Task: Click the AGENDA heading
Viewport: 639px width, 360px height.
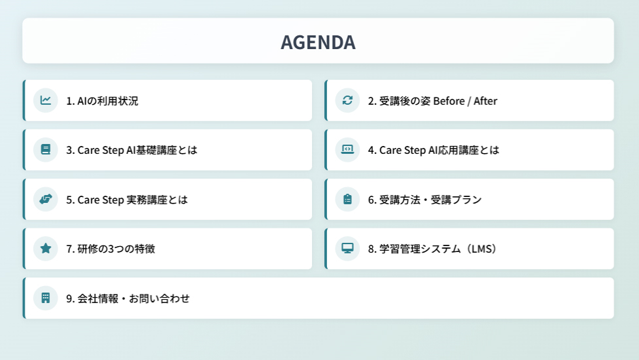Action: point(318,43)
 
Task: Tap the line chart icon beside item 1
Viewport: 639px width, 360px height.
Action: point(46,100)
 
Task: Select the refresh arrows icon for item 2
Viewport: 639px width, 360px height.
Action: point(347,100)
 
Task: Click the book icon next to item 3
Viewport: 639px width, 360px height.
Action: point(46,150)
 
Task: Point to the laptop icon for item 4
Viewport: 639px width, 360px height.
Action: point(347,150)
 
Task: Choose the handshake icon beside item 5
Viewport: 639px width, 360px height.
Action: point(46,200)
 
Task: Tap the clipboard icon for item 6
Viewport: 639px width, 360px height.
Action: point(347,200)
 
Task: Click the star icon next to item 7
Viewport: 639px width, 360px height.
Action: point(46,248)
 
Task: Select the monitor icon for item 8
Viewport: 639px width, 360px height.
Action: point(347,248)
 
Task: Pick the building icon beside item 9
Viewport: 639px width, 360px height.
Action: point(46,298)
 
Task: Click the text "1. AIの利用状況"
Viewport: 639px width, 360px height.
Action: point(102,101)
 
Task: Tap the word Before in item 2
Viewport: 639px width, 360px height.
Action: point(449,101)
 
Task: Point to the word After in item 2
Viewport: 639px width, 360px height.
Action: point(485,101)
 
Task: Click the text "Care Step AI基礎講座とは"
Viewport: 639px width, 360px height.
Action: point(137,151)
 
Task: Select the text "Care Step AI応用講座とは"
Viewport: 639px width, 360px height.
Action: point(440,151)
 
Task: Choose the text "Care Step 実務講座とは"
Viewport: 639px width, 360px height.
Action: point(133,200)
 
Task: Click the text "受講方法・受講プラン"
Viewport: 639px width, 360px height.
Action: point(430,200)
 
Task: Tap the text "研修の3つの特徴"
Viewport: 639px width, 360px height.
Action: point(116,249)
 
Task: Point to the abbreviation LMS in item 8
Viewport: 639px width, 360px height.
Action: point(481,249)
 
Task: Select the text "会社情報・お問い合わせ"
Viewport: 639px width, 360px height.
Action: point(133,298)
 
